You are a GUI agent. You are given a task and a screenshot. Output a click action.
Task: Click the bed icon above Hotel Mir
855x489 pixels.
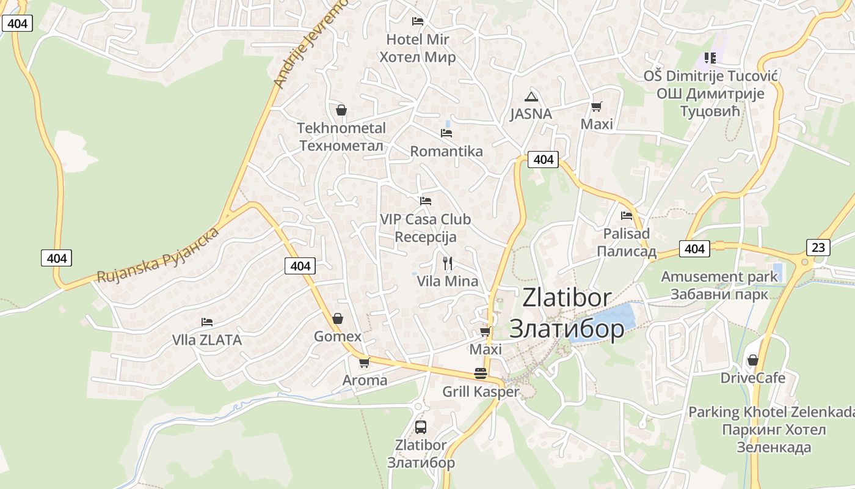click(x=418, y=21)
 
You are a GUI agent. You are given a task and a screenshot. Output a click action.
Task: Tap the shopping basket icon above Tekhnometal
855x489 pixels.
click(x=341, y=110)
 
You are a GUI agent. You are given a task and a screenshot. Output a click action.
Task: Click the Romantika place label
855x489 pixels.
click(x=446, y=151)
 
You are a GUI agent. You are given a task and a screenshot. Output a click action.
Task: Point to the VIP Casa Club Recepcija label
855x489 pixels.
click(x=426, y=227)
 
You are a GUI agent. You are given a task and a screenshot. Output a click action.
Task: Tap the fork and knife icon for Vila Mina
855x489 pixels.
click(x=448, y=263)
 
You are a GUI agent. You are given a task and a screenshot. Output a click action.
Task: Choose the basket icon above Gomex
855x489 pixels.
click(x=338, y=318)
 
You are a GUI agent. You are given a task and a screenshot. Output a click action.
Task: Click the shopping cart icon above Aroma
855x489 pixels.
click(x=365, y=362)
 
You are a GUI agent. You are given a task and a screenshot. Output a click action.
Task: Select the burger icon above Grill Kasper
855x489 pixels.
click(x=481, y=373)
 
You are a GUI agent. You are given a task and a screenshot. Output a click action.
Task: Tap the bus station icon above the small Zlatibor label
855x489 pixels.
click(x=421, y=427)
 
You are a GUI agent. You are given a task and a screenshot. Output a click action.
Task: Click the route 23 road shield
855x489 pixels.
click(x=818, y=247)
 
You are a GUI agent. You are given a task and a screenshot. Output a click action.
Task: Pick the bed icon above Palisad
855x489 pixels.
click(x=627, y=215)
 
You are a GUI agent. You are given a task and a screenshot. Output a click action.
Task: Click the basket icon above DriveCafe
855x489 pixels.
click(x=753, y=360)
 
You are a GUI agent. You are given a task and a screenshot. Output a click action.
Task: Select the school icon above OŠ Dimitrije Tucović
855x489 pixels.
click(x=710, y=58)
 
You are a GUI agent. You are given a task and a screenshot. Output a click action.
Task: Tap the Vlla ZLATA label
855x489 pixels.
click(x=207, y=340)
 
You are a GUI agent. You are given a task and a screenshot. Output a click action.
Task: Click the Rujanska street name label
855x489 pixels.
click(x=158, y=256)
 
